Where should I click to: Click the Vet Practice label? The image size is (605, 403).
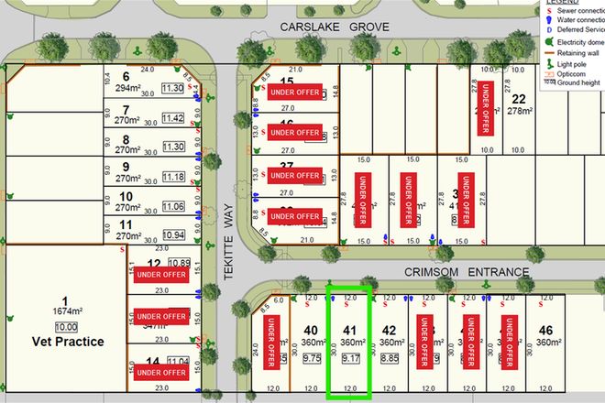(x=64, y=342)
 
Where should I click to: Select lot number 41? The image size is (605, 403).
(x=348, y=331)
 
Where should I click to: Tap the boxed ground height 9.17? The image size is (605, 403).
(x=350, y=360)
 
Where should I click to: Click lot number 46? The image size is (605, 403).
(x=547, y=331)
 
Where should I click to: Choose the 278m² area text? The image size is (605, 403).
(x=520, y=112)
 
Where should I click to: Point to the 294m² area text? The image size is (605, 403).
(x=126, y=89)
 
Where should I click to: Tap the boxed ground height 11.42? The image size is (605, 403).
(x=172, y=118)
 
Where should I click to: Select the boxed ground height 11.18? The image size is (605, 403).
(x=172, y=177)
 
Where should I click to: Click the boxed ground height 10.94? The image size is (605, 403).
(x=172, y=235)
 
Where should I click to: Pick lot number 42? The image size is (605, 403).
(x=389, y=331)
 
